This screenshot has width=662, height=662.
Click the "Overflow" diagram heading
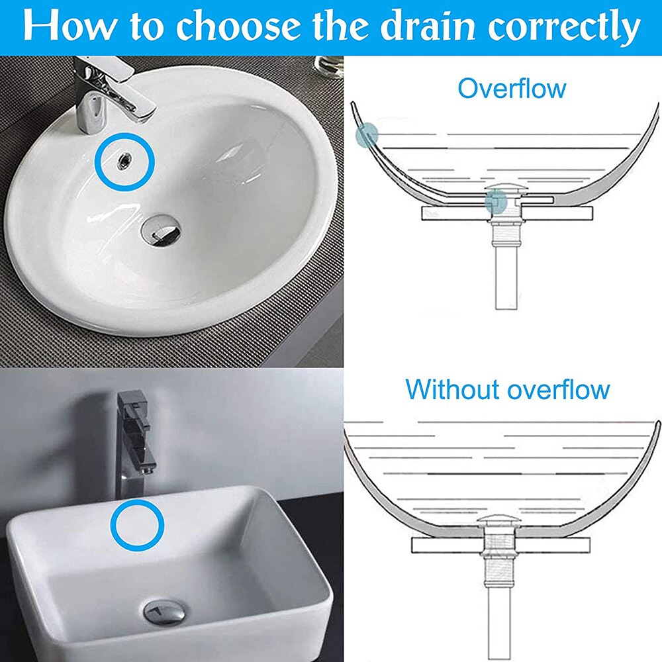(x=512, y=87)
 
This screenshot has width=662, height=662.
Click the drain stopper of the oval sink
(x=161, y=228)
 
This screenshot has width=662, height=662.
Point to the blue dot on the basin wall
(x=366, y=135)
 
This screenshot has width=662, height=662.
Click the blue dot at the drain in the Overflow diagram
(x=496, y=203)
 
